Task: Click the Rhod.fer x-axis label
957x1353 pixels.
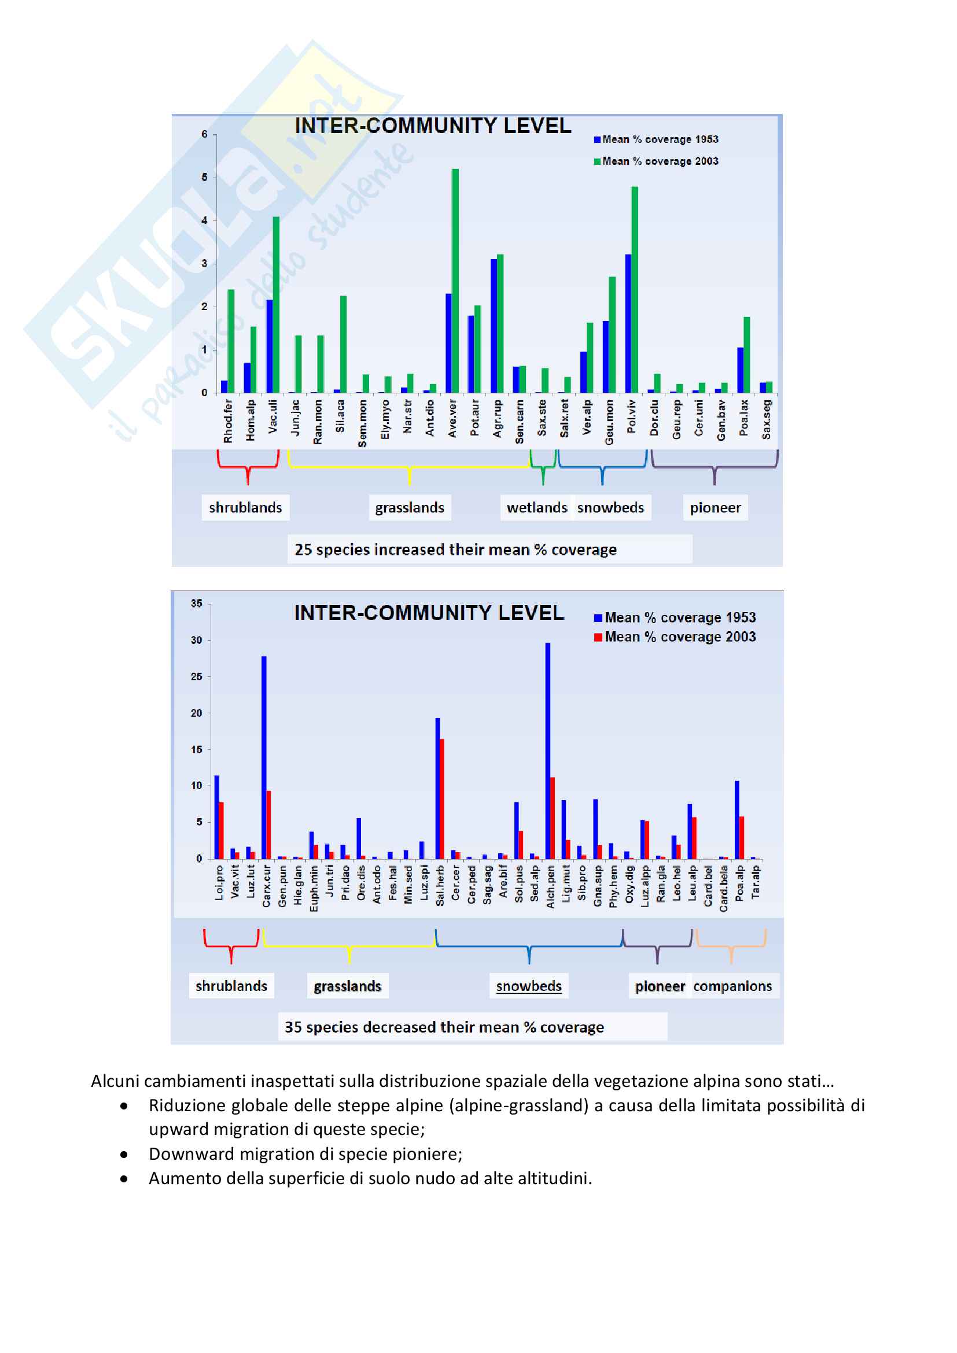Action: (228, 421)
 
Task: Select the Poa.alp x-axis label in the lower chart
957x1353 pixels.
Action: (739, 882)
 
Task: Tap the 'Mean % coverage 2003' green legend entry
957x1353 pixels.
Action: (657, 161)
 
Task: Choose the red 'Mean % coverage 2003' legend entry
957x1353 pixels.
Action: (675, 637)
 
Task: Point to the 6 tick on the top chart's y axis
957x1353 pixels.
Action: (204, 134)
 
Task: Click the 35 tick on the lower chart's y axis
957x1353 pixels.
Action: (196, 603)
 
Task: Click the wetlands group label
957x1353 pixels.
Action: (537, 507)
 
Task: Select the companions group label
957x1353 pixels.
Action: (733, 986)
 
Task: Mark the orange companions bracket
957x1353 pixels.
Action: (731, 946)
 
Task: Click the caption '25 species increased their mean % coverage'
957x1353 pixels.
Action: (455, 549)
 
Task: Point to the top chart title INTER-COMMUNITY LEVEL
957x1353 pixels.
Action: (433, 126)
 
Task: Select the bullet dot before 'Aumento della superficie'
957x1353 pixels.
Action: (124, 1178)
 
